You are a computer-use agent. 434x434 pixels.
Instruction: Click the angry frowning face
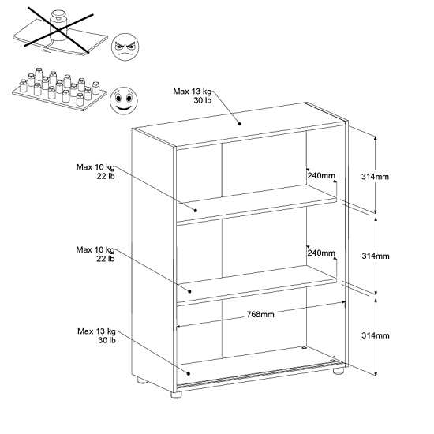tap(125, 47)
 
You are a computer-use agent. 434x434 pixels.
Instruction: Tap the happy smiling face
tap(124, 100)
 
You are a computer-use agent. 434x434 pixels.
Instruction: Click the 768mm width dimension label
tap(260, 314)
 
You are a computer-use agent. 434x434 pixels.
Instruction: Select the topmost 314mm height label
tap(375, 177)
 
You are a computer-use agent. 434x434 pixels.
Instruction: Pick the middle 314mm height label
tap(376, 256)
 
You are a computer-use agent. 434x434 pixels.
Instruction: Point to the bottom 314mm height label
tap(376, 335)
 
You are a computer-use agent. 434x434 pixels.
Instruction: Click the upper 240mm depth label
tap(321, 175)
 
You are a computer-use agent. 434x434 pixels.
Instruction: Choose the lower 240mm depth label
tap(321, 253)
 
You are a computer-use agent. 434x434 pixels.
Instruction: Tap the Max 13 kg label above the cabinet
tap(193, 95)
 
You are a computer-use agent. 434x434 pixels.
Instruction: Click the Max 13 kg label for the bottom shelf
tap(96, 335)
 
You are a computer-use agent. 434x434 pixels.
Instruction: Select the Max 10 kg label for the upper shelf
tap(95, 171)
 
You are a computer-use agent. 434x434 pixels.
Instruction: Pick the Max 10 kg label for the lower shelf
tap(95, 254)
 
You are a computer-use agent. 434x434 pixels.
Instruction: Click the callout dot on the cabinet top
tap(240, 124)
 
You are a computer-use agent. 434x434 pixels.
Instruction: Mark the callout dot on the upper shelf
tap(196, 211)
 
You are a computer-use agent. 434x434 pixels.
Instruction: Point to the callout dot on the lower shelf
tap(190, 291)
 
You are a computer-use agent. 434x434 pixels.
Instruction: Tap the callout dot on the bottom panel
tap(189, 374)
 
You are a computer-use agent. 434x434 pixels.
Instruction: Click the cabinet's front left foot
tap(176, 395)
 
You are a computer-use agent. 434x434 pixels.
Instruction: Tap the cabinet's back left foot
tap(142, 380)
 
